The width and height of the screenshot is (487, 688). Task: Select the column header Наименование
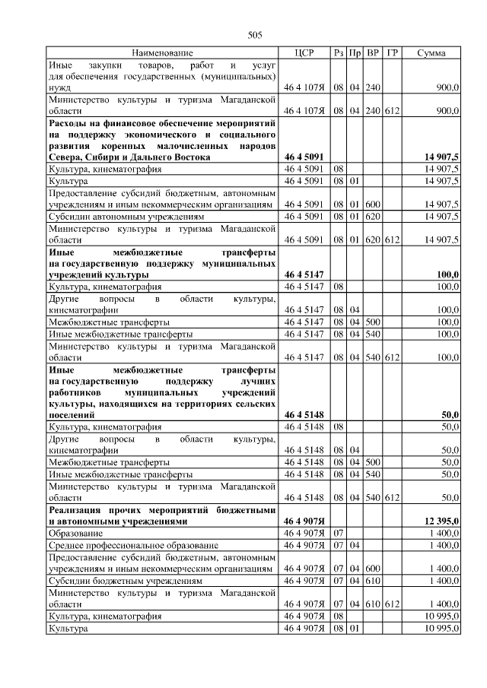[x=162, y=53]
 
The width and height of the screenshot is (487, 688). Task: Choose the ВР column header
[x=373, y=53]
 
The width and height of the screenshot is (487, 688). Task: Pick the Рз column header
[x=339, y=53]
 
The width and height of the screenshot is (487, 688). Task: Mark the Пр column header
[x=355, y=53]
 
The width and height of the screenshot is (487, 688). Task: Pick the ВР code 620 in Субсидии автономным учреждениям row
[x=373, y=216]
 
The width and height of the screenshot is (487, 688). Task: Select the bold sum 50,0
[x=449, y=415]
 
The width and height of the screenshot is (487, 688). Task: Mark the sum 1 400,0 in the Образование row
[x=444, y=534]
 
